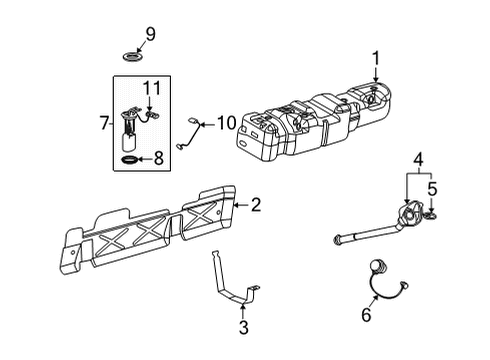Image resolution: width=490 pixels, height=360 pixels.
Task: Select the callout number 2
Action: point(256,205)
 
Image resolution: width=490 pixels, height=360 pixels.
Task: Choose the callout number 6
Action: point(366,315)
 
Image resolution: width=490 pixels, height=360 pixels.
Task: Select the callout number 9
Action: point(151,35)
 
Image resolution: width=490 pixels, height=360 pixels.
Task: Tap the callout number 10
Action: point(226,125)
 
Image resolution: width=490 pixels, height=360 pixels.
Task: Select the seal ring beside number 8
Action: point(130,158)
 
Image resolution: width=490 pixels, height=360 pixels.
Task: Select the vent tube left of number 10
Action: point(190,133)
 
